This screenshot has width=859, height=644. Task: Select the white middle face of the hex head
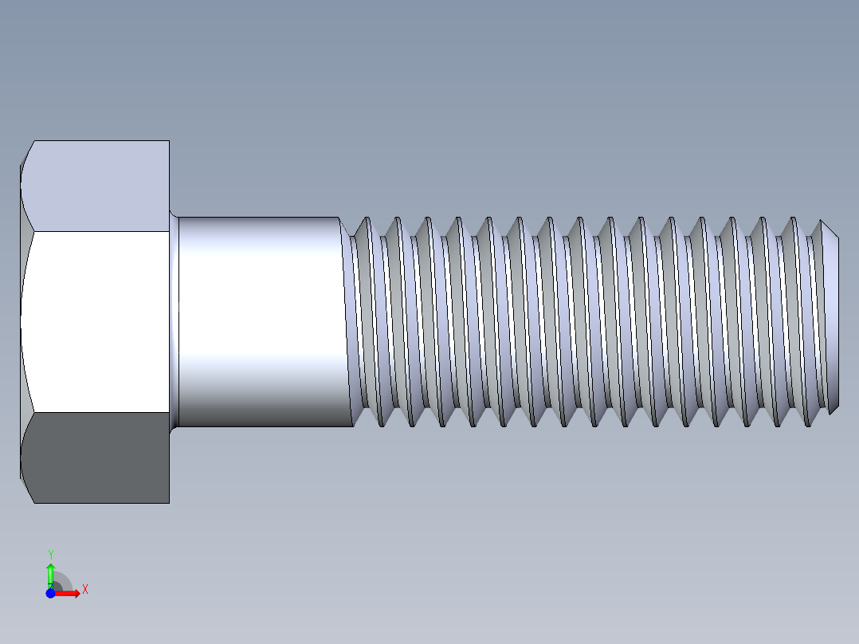point(96,322)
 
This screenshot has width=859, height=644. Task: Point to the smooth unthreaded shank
point(263,319)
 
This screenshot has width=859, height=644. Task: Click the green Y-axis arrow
point(50,572)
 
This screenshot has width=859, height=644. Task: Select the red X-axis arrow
point(70,593)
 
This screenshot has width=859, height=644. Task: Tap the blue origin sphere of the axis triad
point(50,593)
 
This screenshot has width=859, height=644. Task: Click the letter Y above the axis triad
point(50,554)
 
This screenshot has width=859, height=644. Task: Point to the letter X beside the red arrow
point(84,590)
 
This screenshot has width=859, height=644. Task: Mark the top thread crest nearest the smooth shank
point(366,219)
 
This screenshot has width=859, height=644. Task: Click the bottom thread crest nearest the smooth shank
point(381,424)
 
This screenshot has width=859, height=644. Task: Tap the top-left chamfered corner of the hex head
point(26,152)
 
